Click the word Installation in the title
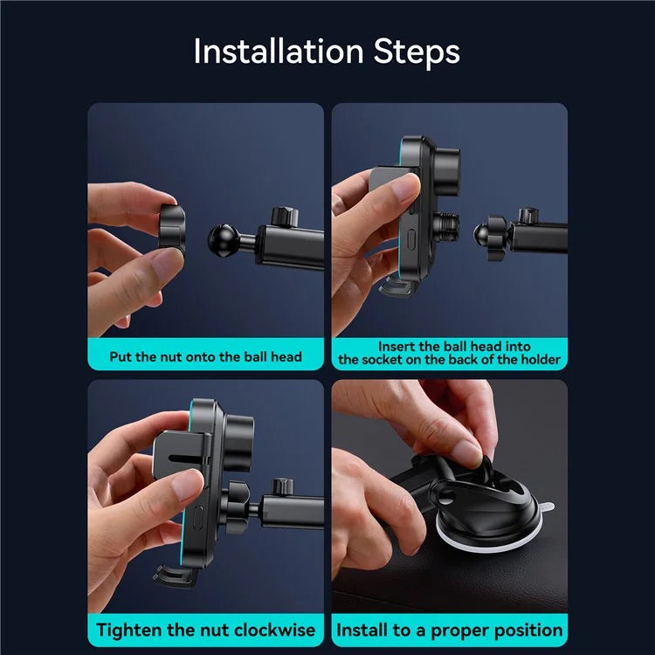(279, 51)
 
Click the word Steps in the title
(417, 52)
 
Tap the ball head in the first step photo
(224, 241)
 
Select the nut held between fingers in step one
(171, 228)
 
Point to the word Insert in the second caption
(396, 347)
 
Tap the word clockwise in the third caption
(274, 630)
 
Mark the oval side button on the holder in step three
(198, 518)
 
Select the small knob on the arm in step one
(285, 217)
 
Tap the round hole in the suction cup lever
(446, 496)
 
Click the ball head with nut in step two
(490, 237)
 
